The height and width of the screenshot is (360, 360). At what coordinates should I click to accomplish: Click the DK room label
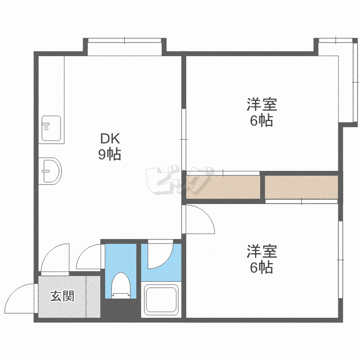click(110, 138)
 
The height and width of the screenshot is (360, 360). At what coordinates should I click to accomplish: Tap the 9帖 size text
click(110, 154)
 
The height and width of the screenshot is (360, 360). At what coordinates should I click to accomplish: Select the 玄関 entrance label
click(62, 296)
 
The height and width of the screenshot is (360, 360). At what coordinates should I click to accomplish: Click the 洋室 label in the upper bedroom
click(262, 105)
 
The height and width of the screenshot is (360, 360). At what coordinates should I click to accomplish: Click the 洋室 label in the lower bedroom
click(262, 252)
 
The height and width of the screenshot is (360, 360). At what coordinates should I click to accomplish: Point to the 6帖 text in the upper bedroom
click(262, 120)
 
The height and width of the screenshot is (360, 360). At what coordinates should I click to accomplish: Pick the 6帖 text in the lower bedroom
click(262, 267)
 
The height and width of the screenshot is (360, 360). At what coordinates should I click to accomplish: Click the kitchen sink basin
click(51, 128)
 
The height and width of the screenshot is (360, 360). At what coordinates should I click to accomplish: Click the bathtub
click(161, 300)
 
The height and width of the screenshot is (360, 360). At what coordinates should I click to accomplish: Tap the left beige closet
click(223, 187)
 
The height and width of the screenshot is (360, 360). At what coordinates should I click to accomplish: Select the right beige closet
click(301, 187)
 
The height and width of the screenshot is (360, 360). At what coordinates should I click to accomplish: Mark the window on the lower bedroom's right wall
click(340, 260)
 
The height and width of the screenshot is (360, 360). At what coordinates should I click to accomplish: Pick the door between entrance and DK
click(55, 258)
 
